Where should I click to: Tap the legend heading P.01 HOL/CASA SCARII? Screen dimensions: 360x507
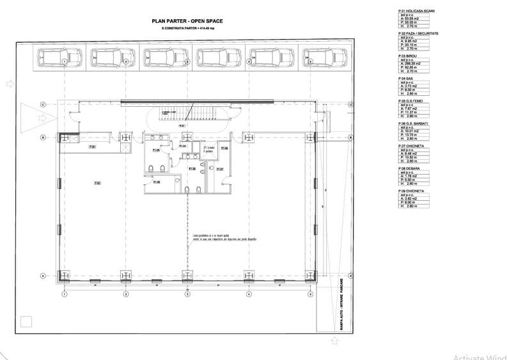[x=417, y=11]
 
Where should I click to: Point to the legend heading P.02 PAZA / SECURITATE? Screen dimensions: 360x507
[x=418, y=33]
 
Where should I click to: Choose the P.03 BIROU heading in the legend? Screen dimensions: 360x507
[x=409, y=56]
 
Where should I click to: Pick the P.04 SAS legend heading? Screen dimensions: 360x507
[x=407, y=78]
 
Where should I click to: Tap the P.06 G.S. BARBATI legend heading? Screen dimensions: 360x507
[x=414, y=123]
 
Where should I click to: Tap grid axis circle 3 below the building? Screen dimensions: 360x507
[x=187, y=294]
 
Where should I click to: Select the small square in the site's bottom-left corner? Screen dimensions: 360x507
[x=26, y=322]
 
